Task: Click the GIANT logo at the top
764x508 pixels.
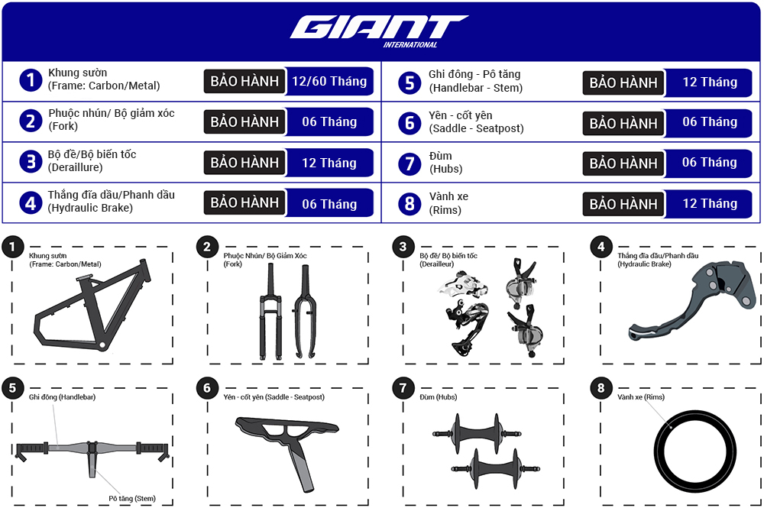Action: click(377, 28)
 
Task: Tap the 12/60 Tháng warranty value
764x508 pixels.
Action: click(329, 81)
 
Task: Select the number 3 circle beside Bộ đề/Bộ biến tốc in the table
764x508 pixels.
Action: click(31, 162)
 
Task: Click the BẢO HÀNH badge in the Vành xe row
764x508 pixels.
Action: click(623, 204)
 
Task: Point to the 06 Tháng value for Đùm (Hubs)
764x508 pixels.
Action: click(709, 163)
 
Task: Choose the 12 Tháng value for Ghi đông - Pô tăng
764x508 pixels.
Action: click(709, 82)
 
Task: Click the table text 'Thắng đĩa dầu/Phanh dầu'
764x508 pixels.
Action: click(112, 195)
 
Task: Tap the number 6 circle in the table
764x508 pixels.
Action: click(410, 123)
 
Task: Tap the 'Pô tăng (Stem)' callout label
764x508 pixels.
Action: click(131, 498)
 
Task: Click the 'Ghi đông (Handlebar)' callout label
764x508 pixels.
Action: click(62, 397)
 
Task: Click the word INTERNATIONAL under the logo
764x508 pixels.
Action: click(410, 44)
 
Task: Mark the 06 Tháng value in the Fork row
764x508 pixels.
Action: click(329, 121)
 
